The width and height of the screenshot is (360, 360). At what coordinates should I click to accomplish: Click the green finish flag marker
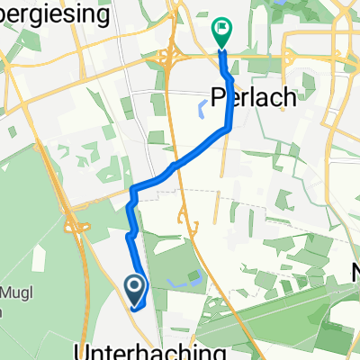coord(221,31)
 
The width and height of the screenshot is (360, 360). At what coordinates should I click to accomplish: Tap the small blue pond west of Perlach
coord(201,110)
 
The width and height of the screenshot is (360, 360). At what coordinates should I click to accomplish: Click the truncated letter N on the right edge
coord(355,267)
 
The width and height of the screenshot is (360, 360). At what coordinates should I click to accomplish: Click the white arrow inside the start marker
coord(135,287)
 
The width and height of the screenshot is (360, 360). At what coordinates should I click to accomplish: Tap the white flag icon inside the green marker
coord(221,30)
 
